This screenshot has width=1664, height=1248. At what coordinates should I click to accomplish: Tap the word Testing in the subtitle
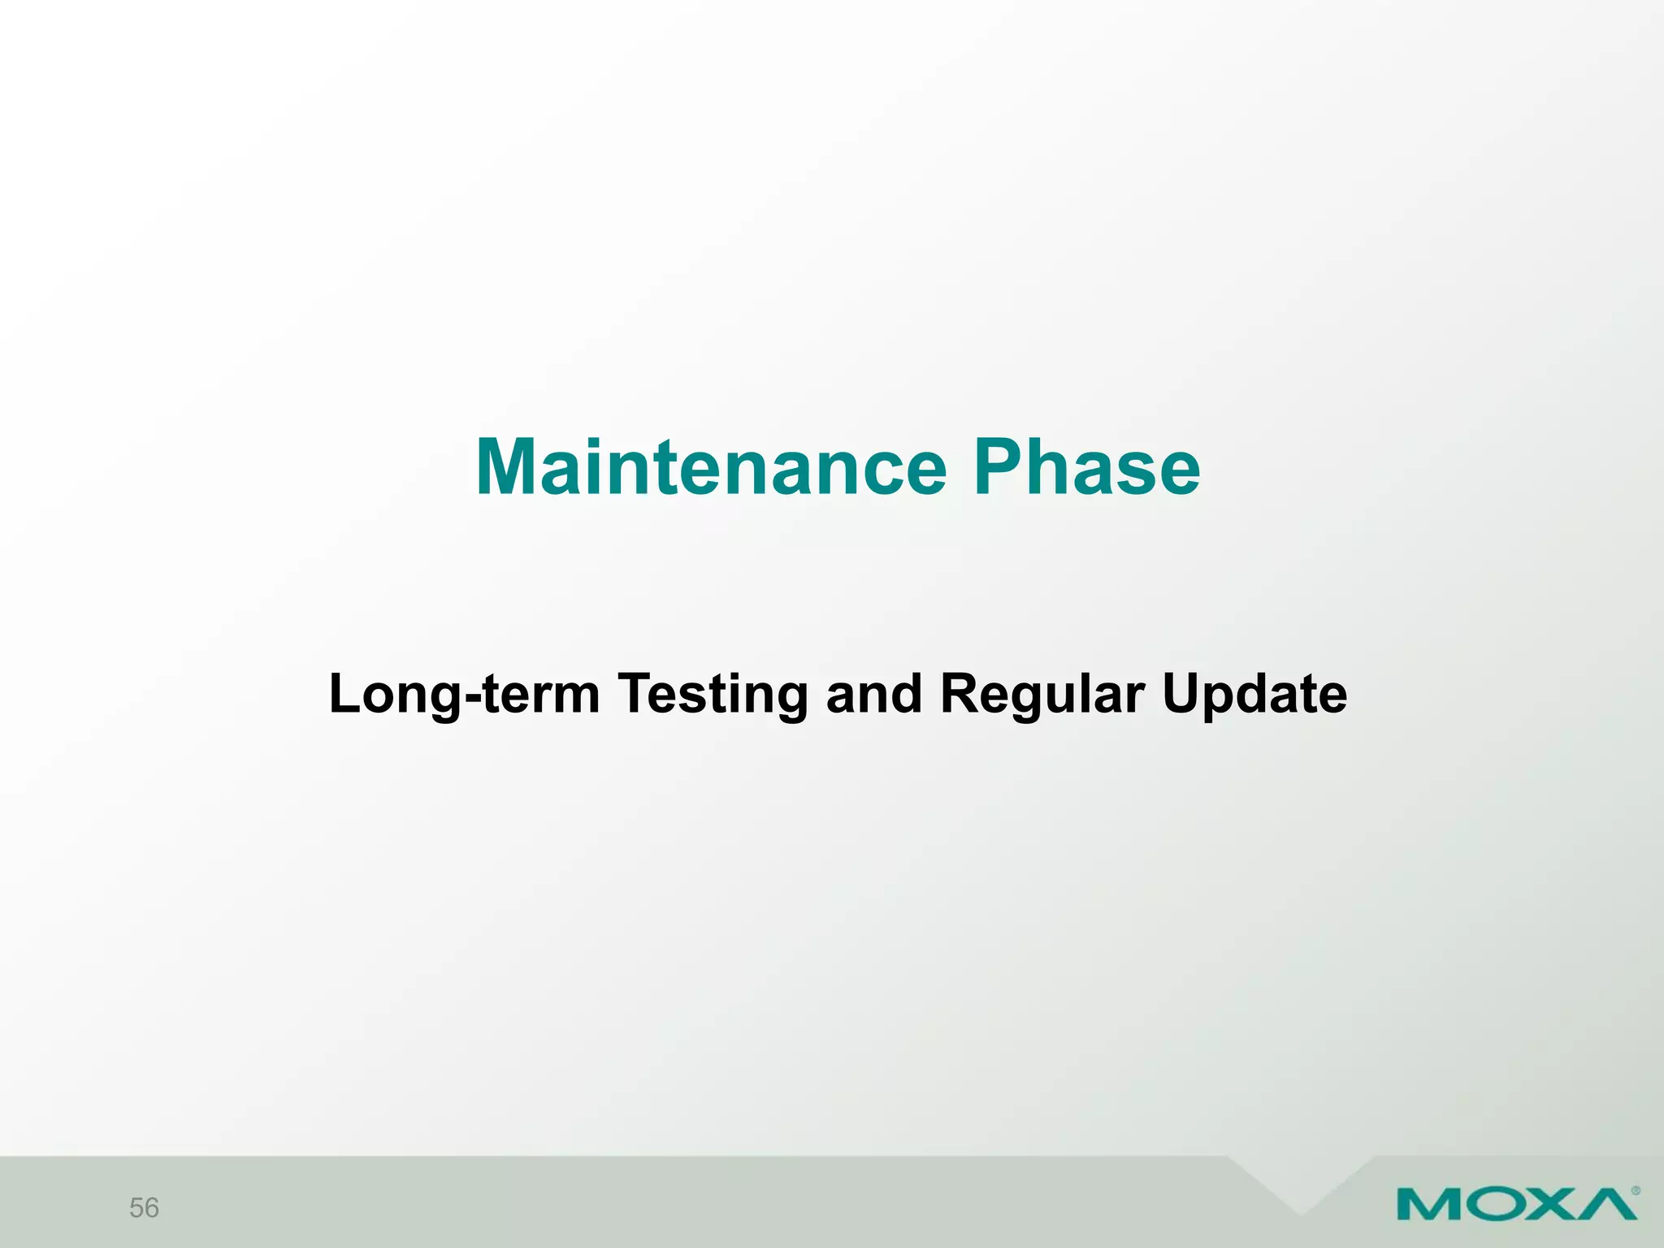click(713, 695)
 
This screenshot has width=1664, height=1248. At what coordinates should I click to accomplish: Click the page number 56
click(144, 1208)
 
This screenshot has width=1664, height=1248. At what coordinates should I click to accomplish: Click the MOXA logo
click(1516, 1203)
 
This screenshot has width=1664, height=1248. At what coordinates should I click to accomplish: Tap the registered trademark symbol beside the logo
click(1636, 1191)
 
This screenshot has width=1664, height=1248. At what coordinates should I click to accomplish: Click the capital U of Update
click(1181, 695)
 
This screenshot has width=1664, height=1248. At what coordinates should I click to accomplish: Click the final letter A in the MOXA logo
click(1605, 1203)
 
